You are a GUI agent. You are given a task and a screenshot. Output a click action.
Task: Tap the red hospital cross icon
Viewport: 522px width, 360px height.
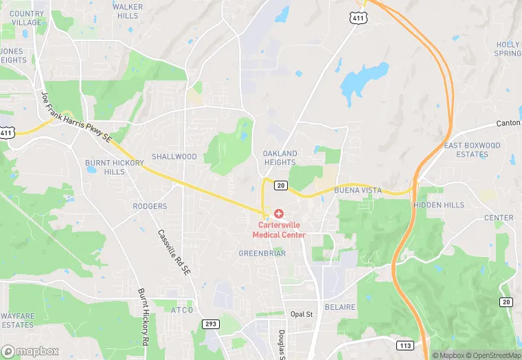[x=279, y=214]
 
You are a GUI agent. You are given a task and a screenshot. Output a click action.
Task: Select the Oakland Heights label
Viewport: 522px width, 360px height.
[x=280, y=158]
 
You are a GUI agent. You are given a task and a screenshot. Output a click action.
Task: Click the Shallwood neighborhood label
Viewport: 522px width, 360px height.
[x=174, y=157]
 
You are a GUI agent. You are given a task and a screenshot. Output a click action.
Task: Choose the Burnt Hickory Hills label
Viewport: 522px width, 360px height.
[x=105, y=167]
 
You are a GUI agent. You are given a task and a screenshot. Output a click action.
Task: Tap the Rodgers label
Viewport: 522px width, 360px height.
[x=150, y=206]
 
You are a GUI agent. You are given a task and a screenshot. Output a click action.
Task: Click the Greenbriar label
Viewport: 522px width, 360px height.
[x=262, y=254]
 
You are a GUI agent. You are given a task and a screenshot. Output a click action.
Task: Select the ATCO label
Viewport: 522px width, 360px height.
[x=181, y=311]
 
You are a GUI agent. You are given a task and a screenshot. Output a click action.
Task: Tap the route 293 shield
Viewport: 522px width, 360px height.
[x=210, y=323]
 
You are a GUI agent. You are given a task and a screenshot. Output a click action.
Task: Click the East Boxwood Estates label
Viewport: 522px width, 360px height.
[x=472, y=150]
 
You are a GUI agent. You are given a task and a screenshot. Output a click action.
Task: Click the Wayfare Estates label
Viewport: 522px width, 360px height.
[x=17, y=320]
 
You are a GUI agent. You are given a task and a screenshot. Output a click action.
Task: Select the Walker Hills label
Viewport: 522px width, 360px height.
[x=128, y=11]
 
